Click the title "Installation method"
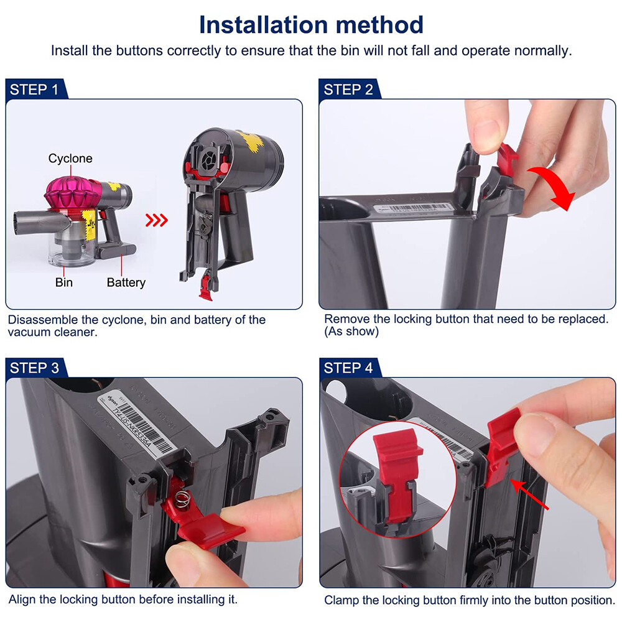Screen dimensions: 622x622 point(311,25)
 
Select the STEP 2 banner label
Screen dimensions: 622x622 point(348,90)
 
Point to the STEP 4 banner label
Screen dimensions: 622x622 point(348,368)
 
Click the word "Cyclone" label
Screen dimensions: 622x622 point(70,159)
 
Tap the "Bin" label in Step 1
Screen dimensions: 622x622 point(63,282)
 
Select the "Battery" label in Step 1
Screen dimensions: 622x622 point(126,282)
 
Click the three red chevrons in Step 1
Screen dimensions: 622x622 point(157,220)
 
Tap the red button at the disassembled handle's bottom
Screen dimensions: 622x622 point(205,287)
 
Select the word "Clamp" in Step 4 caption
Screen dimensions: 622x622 point(341,600)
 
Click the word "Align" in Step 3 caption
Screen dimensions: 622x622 point(22,600)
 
